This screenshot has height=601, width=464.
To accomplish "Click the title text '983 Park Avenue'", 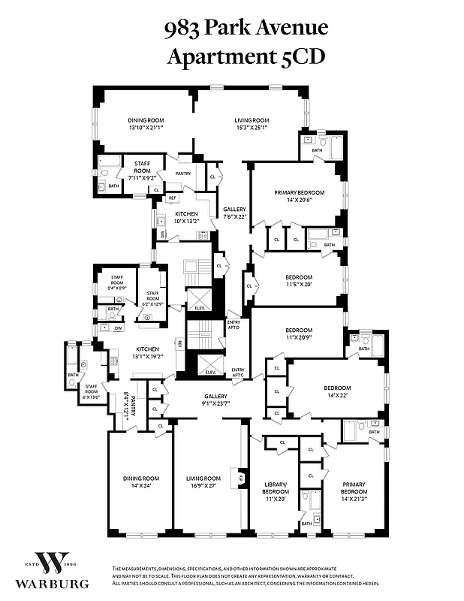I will tap(246, 28).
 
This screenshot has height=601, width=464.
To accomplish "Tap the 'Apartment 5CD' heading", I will tap(246, 56).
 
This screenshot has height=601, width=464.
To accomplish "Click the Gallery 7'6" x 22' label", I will tap(234, 213).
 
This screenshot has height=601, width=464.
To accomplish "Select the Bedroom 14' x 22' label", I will tap(337, 392).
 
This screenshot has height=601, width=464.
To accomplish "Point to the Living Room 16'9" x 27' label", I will tap(203, 482).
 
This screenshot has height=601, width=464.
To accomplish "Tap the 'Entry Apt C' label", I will tap(238, 373).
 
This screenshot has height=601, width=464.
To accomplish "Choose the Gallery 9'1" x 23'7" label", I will tap(215, 400).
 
